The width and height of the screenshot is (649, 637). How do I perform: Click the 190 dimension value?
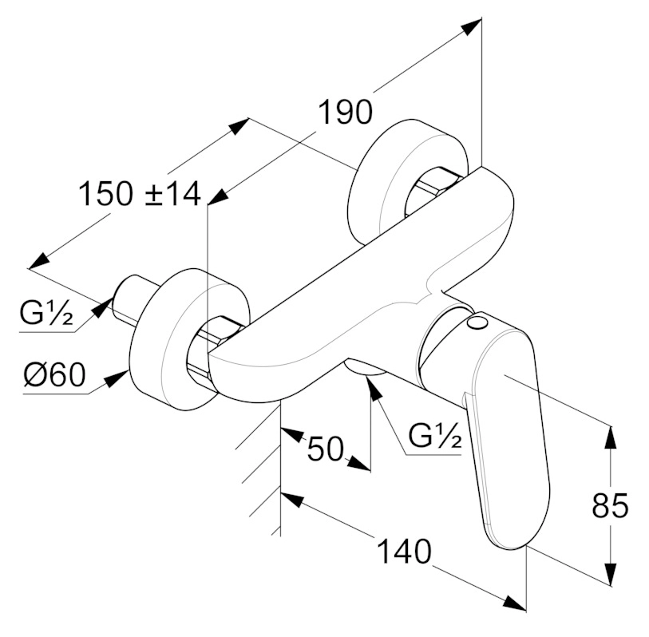point(346,113)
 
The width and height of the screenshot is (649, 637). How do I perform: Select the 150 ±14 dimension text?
point(139,194)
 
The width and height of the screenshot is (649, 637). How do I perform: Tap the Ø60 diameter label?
point(53,374)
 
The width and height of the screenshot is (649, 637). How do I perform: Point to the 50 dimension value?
point(325,449)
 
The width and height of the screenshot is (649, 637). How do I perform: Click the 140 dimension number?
point(402,552)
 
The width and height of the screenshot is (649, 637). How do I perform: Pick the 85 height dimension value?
point(611,505)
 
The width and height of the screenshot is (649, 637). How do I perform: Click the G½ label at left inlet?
point(47,316)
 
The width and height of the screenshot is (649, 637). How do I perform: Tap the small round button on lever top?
point(478,322)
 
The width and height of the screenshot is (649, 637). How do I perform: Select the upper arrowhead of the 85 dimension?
point(611,435)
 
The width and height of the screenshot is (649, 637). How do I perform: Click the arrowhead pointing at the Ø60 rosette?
point(120,375)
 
